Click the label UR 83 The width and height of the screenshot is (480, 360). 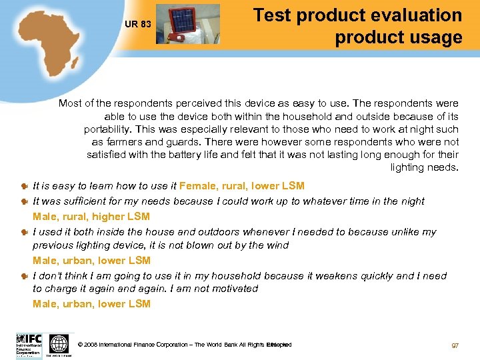coord(138,25)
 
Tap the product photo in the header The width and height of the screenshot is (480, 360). coord(187,24)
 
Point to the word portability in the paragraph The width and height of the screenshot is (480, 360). coord(109,129)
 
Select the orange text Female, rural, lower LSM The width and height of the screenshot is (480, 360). coord(242,186)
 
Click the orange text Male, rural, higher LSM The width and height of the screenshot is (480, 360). coord(91,216)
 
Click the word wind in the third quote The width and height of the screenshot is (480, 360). coord(277,245)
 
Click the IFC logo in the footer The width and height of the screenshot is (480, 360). coord(29,345)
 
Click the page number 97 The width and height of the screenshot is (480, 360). coord(455,345)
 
